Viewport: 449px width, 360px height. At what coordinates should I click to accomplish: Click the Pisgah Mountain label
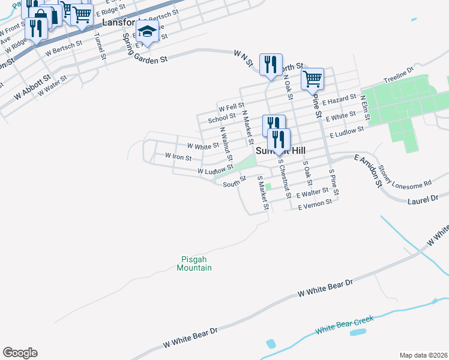coord(194,264)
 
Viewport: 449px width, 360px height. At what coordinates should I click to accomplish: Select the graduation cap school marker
coord(147,32)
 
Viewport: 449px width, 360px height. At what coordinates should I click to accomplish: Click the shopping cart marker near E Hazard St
coord(312,79)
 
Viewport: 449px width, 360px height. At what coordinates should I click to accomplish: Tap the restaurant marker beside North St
coord(271,64)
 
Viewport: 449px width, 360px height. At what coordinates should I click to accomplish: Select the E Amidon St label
coord(368,170)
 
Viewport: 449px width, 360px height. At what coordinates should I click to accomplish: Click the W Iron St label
coord(178,157)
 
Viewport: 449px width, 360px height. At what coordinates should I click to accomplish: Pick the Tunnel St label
coord(100,46)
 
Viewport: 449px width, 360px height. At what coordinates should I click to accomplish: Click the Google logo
coord(20,353)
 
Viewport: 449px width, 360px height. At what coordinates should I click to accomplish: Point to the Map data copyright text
coord(423,355)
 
